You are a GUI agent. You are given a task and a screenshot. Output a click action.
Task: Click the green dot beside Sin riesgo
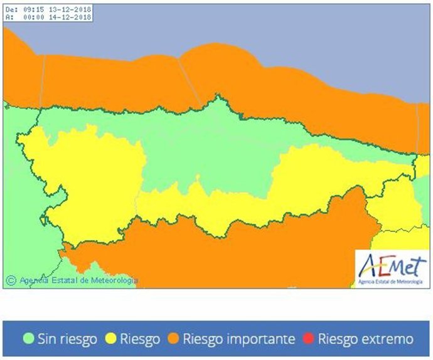(28, 339)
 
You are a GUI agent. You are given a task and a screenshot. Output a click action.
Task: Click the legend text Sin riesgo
(67, 339)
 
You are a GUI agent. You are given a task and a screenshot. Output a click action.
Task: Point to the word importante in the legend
(264, 339)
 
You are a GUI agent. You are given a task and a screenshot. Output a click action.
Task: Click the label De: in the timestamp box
(11, 10)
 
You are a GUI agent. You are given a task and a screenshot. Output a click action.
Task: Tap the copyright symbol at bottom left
(11, 280)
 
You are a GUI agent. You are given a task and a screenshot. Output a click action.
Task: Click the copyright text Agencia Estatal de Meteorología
(78, 280)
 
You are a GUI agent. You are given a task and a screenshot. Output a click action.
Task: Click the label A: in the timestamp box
(9, 18)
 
